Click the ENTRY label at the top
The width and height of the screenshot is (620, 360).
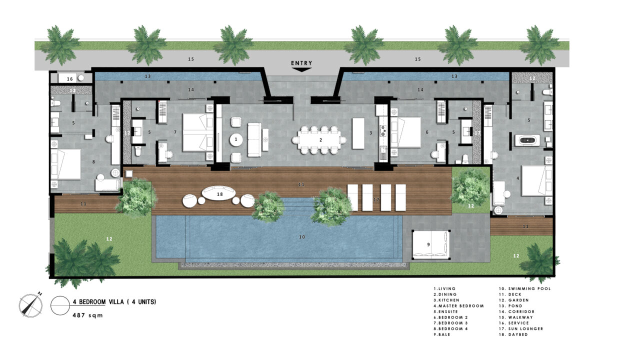pyautogui.click(x=301, y=63)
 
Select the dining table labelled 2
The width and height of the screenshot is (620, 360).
pyautogui.click(x=320, y=139)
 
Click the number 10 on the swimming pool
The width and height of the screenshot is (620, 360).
pyautogui.click(x=301, y=237)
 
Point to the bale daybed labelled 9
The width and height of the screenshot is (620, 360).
pyautogui.click(x=430, y=244)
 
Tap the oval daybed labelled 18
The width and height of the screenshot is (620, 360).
pyautogui.click(x=219, y=193)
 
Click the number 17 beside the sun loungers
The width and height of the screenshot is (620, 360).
pyautogui.click(x=376, y=199)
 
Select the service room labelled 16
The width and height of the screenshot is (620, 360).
pyautogui.click(x=70, y=78)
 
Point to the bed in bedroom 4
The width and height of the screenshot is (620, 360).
pyautogui.click(x=65, y=164)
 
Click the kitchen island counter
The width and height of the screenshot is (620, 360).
pyautogui.click(x=358, y=133)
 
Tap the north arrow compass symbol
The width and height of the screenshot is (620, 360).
pyautogui.click(x=30, y=305)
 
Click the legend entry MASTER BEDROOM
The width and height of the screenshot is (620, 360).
pyautogui.click(x=460, y=305)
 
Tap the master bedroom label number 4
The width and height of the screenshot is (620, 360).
pyautogui.click(x=517, y=178)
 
